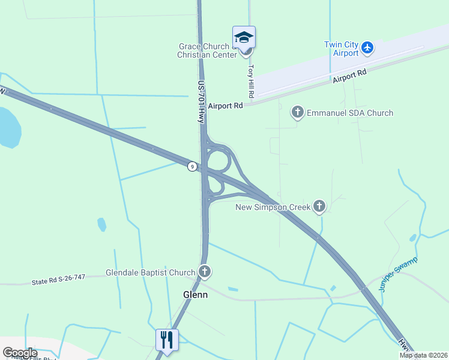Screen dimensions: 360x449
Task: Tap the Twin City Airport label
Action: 341,49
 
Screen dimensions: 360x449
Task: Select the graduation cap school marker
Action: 244,37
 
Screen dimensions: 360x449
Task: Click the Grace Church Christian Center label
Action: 204,50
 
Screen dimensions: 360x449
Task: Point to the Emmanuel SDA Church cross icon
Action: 297,112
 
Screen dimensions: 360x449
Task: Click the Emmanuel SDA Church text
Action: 350,113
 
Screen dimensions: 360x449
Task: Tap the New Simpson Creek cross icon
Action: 319,207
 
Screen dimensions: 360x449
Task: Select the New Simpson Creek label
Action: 273,207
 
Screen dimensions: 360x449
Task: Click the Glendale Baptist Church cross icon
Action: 205,272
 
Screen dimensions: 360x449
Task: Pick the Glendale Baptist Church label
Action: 150,272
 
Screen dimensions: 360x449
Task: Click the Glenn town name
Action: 195,294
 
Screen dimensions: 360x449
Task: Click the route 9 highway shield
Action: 191,166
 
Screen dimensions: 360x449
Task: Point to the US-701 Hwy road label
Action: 202,102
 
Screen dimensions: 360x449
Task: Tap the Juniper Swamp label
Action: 398,274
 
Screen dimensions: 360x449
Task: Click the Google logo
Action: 20,353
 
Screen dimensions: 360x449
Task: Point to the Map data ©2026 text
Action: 423,355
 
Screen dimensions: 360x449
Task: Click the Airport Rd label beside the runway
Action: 349,76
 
